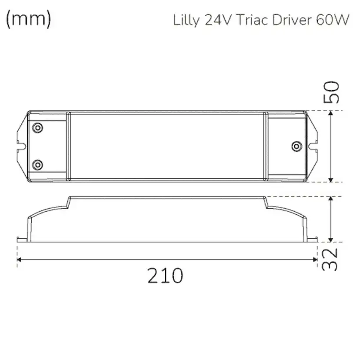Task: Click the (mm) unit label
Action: [x=29, y=19]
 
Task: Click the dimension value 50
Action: [x=333, y=91]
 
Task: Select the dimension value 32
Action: [x=331, y=260]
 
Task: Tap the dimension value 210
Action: [x=165, y=276]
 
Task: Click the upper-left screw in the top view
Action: [x=38, y=127]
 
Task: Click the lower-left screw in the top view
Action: [x=38, y=165]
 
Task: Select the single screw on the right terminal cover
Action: [x=296, y=146]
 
